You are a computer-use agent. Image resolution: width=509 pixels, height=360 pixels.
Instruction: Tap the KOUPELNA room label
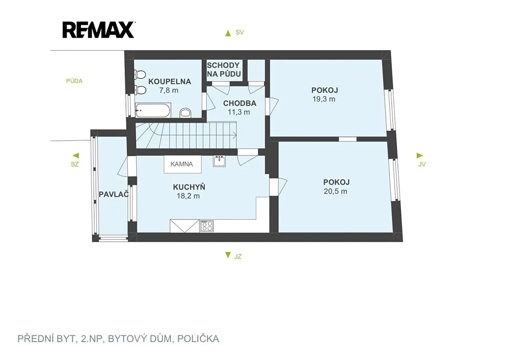click(170, 81)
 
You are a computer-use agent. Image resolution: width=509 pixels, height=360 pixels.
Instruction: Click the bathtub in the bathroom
click(153, 110)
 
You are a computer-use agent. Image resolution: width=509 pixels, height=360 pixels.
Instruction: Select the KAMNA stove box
click(183, 164)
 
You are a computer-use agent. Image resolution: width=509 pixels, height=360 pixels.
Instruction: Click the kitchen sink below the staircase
click(220, 161)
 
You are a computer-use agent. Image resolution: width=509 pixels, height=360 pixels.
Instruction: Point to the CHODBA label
click(240, 103)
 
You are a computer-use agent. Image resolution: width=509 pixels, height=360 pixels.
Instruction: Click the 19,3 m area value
click(324, 99)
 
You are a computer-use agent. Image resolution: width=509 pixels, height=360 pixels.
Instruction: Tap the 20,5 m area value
click(336, 191)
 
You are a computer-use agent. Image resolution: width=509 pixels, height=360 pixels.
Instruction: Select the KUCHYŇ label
click(189, 187)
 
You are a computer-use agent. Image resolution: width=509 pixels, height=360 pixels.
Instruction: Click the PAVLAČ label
click(114, 194)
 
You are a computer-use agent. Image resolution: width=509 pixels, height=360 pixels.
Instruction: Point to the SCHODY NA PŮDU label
click(224, 70)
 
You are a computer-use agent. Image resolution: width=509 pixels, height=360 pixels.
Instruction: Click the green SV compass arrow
click(228, 33)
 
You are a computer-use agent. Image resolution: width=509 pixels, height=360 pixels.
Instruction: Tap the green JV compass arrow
click(420, 156)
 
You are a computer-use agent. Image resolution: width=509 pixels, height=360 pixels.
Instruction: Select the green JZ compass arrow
click(228, 255)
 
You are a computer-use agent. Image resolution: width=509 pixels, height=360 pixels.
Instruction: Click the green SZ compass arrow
click(76, 156)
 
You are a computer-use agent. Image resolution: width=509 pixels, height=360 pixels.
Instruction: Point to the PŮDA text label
click(74, 81)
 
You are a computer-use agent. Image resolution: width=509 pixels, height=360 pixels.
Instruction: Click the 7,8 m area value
click(169, 90)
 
